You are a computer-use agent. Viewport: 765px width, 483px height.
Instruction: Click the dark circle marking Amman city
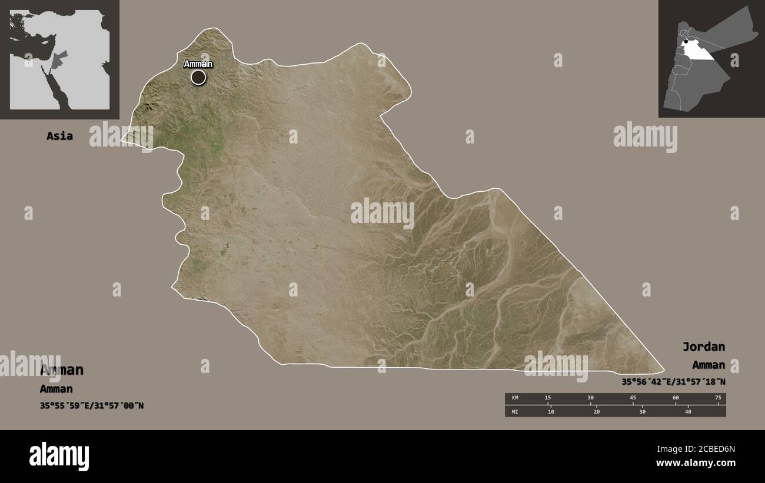198,77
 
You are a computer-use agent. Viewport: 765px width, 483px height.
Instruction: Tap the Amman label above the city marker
198,64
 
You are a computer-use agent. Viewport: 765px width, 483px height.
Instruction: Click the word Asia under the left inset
60,136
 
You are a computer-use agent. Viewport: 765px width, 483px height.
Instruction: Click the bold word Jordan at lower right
704,347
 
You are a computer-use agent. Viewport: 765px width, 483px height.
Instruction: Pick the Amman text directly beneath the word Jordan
709,365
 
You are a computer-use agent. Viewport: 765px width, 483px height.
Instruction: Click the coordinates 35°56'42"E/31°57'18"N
673,382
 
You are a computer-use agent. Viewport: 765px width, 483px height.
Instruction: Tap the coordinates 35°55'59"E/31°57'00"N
92,405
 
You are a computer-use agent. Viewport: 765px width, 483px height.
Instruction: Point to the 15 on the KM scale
548,398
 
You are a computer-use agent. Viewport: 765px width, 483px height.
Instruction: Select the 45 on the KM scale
633,398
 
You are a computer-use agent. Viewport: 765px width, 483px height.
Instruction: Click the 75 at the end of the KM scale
718,398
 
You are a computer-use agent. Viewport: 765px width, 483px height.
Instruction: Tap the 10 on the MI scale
551,411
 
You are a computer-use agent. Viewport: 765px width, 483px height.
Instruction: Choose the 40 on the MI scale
688,411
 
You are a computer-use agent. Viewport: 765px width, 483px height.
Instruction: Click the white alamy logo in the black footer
59,457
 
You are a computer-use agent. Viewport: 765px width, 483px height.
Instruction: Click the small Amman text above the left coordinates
56,389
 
